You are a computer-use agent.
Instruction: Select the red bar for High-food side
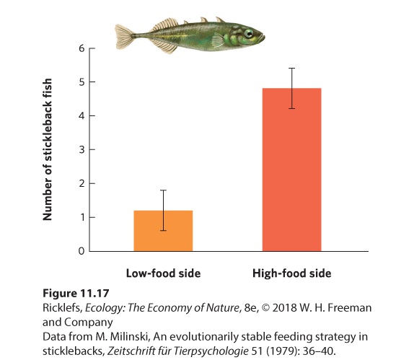292,170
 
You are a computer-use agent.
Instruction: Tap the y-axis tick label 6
82,48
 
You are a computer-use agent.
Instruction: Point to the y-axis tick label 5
82,82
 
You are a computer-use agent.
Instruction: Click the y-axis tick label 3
82,150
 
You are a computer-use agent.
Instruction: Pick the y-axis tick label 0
82,251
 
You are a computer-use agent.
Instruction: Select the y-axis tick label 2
82,183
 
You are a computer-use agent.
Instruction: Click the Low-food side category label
163,273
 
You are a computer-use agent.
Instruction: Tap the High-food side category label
292,273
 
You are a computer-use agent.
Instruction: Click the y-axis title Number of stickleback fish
48,149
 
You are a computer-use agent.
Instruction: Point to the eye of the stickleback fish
248,33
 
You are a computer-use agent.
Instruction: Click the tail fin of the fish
124,37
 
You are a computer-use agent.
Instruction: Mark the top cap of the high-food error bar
292,68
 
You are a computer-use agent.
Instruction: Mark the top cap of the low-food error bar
163,190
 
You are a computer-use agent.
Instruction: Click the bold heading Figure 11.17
76,293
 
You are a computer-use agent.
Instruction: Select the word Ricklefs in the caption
62,308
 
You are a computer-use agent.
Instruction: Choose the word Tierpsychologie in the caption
211,351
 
